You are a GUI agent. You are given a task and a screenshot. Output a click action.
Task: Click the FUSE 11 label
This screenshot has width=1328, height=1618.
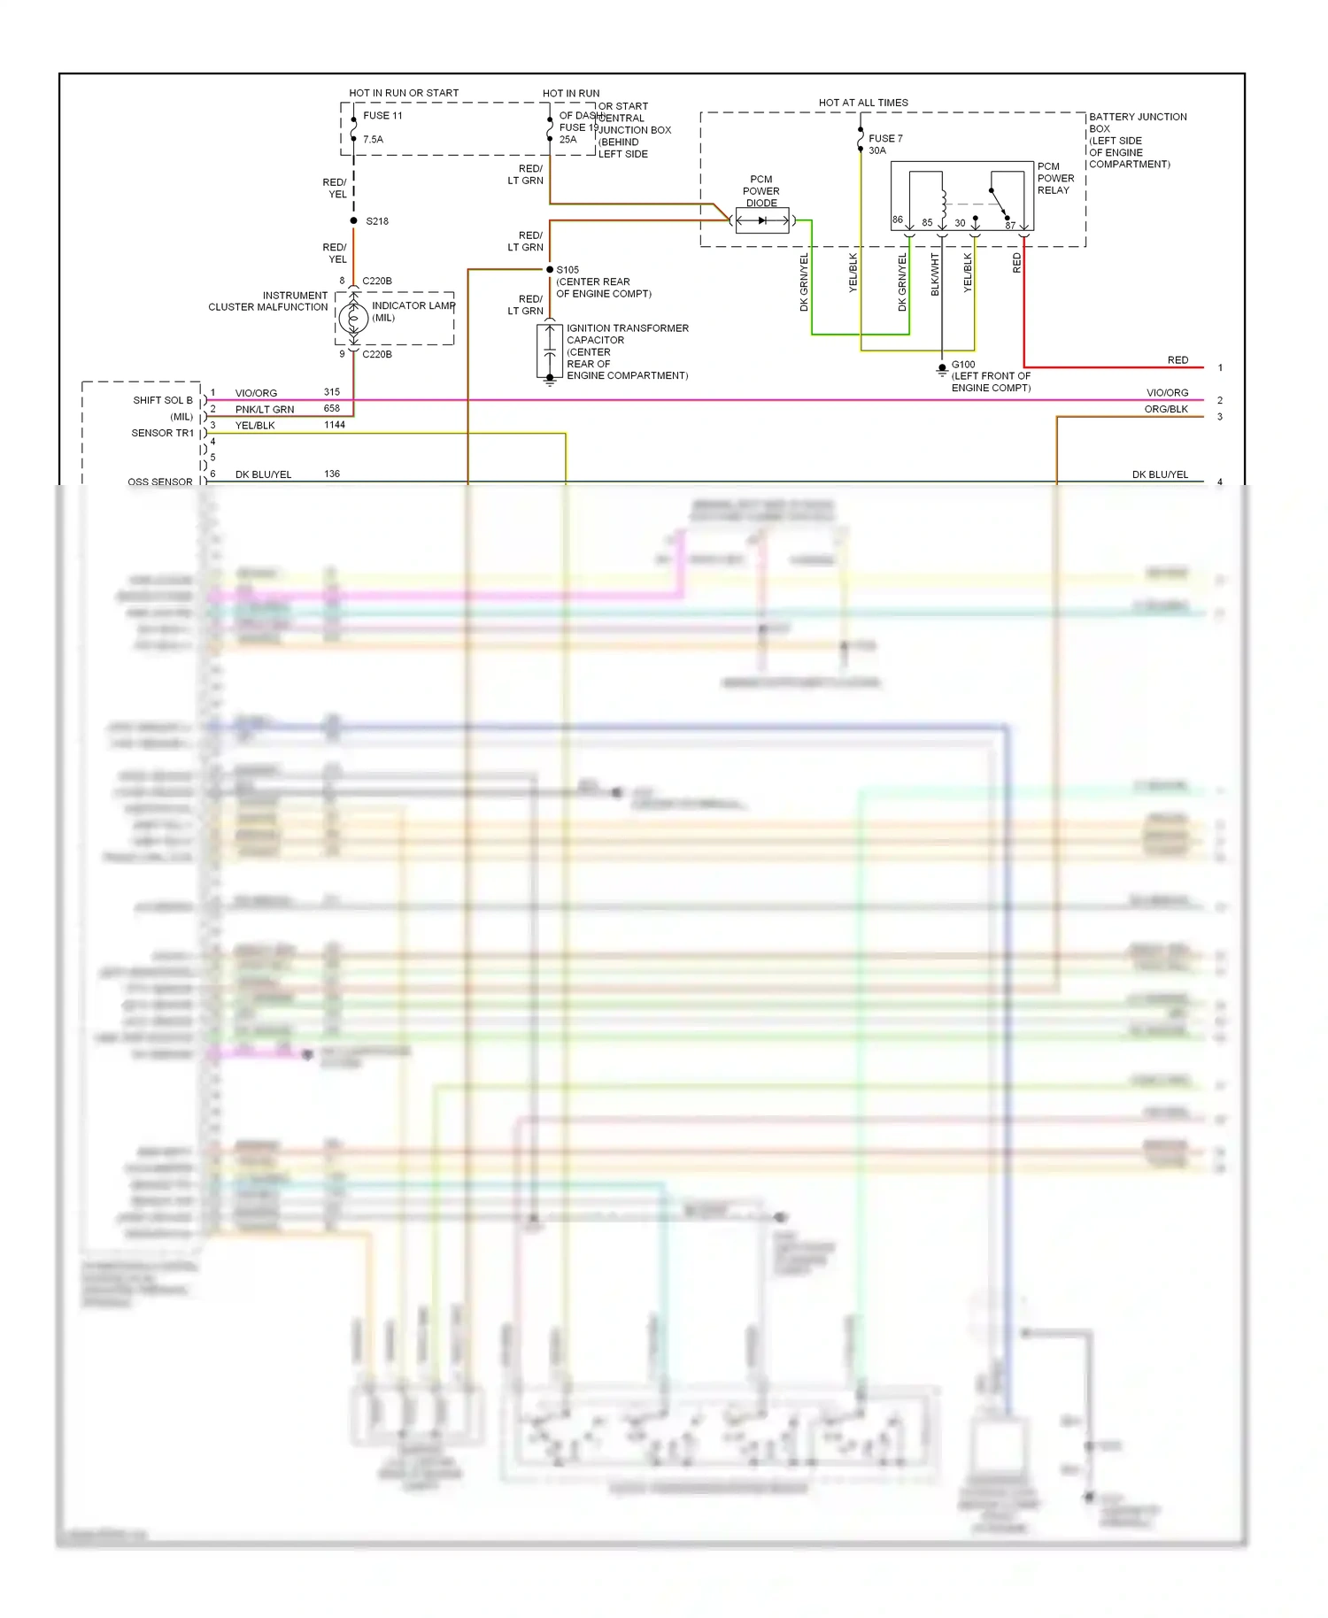click(382, 116)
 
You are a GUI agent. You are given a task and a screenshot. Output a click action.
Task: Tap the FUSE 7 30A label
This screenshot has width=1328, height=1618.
click(884, 144)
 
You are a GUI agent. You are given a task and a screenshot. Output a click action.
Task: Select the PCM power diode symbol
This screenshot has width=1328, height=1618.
click(761, 220)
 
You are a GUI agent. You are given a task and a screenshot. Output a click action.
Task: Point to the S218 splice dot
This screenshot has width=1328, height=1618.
click(354, 220)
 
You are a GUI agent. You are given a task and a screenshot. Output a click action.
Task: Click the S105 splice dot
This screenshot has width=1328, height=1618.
click(550, 269)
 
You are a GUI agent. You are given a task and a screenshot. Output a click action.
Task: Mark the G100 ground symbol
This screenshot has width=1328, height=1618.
click(942, 370)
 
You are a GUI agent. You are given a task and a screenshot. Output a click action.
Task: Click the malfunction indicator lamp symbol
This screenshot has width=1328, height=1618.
click(353, 318)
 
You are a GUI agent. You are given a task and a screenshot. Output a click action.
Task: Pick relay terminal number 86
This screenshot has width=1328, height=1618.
click(898, 220)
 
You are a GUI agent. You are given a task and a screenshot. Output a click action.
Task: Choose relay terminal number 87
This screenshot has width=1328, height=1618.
click(1010, 226)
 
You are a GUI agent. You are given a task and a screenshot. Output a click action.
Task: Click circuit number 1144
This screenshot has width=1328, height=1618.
click(335, 425)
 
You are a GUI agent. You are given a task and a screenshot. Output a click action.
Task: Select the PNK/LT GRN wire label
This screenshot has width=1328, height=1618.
click(264, 409)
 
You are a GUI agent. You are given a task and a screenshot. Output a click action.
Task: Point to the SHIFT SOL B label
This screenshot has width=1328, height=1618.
click(163, 400)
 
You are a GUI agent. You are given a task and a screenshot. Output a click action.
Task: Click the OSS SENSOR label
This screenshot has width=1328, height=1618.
click(159, 482)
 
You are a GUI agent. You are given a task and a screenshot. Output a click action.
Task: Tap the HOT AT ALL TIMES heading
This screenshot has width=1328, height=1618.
click(863, 103)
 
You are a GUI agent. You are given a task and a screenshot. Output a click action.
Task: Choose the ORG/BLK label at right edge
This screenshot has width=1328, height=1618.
click(1166, 409)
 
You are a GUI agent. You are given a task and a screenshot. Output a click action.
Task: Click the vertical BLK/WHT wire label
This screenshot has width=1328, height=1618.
click(935, 274)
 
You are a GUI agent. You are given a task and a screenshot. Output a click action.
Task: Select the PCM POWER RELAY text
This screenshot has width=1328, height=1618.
click(1055, 178)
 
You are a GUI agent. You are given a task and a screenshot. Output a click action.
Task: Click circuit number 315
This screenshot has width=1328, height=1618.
click(332, 392)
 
